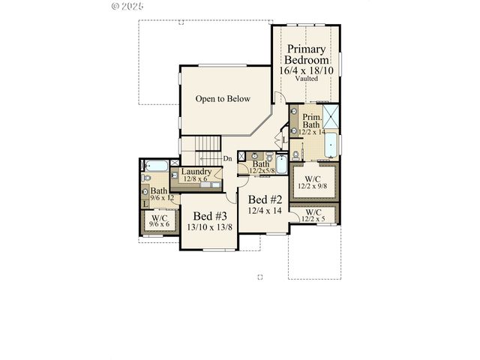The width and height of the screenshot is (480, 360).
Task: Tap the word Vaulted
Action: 307,78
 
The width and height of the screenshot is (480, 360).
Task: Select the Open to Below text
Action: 223,99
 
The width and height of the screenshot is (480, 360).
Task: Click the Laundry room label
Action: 196,171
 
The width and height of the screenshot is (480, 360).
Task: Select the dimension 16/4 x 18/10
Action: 307,70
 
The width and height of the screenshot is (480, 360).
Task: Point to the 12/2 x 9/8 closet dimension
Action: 314,187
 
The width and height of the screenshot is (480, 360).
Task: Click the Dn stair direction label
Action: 228,159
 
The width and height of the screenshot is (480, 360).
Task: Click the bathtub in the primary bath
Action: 331,145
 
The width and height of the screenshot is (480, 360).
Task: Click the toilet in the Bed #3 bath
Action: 146,178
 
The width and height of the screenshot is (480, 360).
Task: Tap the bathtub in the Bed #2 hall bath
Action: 281,163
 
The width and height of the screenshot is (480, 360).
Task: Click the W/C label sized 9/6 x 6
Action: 160,220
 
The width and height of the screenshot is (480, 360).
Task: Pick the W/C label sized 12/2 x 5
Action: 314,216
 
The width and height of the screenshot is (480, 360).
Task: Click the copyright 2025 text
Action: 128,5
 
